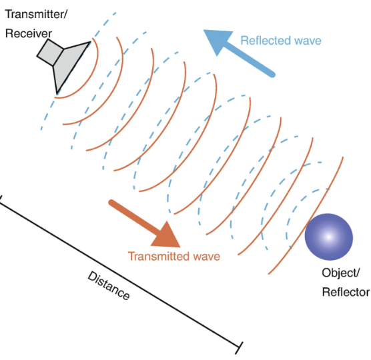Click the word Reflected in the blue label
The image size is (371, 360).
(266, 41)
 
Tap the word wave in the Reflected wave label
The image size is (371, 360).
(307, 41)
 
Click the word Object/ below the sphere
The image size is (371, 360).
(340, 273)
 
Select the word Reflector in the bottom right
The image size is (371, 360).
(346, 292)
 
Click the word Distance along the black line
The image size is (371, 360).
(109, 285)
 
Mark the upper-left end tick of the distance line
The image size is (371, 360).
(1, 197)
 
